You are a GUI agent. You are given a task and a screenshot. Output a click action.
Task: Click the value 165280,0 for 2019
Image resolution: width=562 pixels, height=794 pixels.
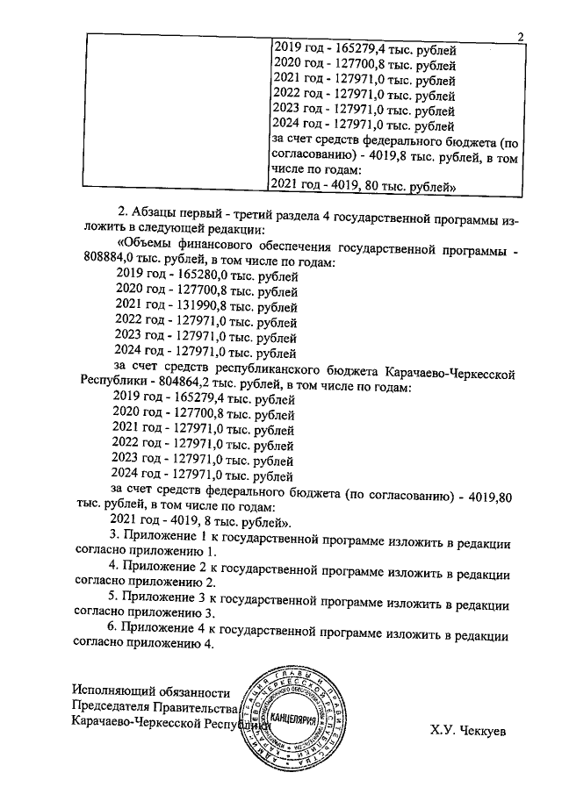pos(197,277)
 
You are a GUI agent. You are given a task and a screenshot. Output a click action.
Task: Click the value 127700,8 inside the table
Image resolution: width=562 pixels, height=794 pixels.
pos(355,65)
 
